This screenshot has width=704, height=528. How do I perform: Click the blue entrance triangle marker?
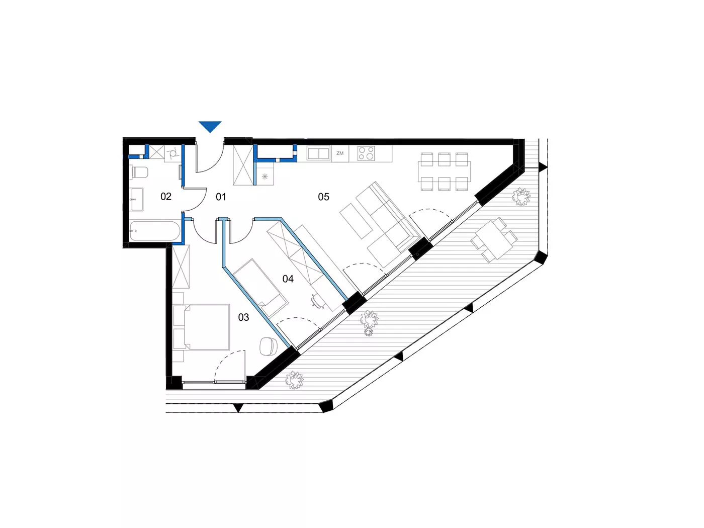tap(210, 126)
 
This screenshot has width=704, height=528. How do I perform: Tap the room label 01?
tap(221, 197)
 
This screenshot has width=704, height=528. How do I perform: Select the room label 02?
tap(166, 196)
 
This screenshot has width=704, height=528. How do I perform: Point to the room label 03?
tap(243, 317)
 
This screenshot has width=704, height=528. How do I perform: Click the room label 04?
tap(288, 279)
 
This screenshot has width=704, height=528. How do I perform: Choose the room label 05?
tap(324, 197)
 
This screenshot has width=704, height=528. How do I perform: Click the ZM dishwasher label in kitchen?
tap(340, 153)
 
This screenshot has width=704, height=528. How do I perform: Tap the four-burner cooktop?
tap(366, 153)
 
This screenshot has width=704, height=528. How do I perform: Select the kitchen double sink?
tap(318, 153)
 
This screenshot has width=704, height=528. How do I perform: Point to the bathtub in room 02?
tap(155, 230)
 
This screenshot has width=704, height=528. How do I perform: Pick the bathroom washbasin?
tap(137, 200)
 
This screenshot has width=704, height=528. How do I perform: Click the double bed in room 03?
tap(201, 327)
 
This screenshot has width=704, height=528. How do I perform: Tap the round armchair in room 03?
tap(268, 346)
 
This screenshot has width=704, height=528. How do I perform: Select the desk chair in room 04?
tap(317, 301)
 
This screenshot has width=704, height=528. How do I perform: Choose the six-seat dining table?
tap(444, 171)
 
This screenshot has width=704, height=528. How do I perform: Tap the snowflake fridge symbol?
tap(265, 176)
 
